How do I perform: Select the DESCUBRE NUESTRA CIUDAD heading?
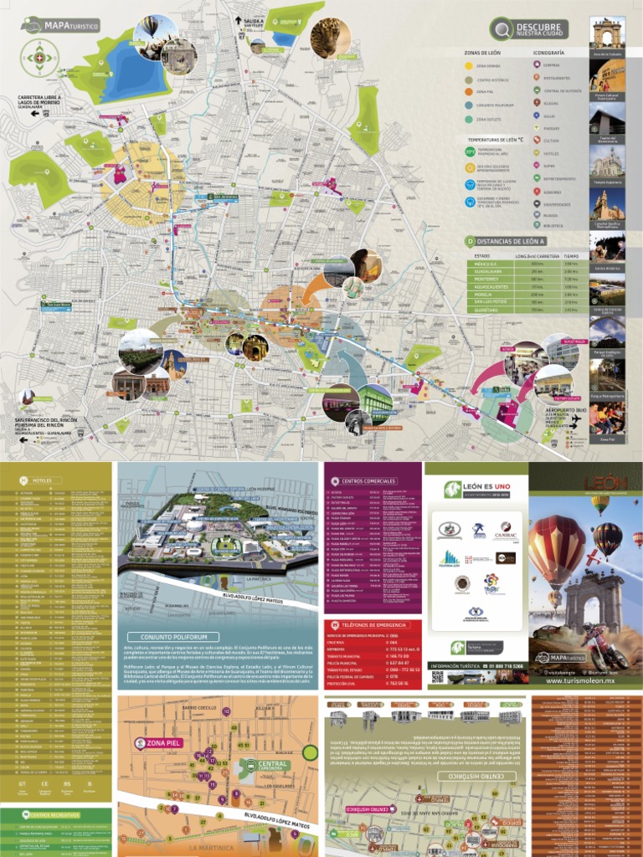(541, 29)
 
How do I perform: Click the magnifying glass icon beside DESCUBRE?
(502, 29)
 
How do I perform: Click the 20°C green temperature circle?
(470, 151)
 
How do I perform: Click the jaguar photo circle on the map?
(330, 37)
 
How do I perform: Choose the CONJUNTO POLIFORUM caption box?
(167, 636)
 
